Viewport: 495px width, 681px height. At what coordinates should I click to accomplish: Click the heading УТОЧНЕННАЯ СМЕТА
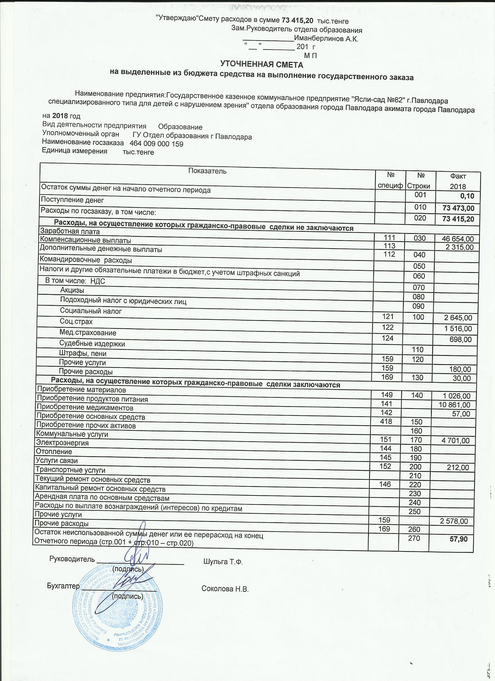(x=262, y=65)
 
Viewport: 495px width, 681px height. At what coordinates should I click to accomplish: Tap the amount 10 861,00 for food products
(x=455, y=405)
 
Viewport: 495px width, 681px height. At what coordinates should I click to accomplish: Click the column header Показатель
(x=207, y=171)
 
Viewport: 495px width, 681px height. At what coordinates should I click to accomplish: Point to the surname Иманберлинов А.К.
(x=326, y=39)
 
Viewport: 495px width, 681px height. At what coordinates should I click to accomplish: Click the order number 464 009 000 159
(x=156, y=144)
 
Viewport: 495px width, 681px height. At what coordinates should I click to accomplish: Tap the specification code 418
(x=386, y=421)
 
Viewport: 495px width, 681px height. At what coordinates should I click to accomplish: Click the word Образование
(x=180, y=127)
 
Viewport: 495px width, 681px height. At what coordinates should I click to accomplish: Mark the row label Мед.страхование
(x=88, y=333)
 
